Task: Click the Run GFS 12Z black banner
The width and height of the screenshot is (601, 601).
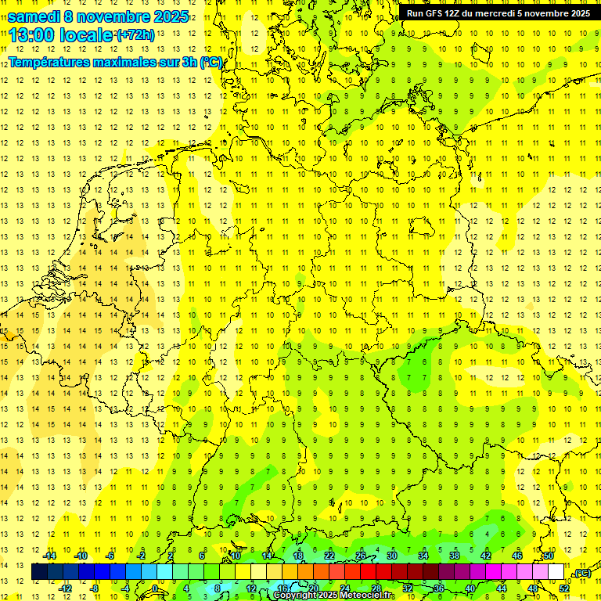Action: point(498,13)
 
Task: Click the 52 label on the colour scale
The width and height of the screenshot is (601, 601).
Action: point(563,588)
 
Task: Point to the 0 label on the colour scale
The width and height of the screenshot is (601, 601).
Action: point(157,588)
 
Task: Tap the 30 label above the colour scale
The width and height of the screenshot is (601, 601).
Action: point(392,556)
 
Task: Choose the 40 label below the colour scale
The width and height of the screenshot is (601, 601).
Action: point(470,588)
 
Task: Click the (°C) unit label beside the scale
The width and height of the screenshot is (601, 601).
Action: point(581,573)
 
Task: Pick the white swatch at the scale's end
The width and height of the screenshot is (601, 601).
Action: point(556,572)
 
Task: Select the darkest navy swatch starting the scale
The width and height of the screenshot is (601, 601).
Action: point(39,572)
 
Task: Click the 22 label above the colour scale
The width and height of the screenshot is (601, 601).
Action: point(329,556)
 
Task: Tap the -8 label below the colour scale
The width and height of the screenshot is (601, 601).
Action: point(94,588)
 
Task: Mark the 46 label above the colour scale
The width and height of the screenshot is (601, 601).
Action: point(516,556)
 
